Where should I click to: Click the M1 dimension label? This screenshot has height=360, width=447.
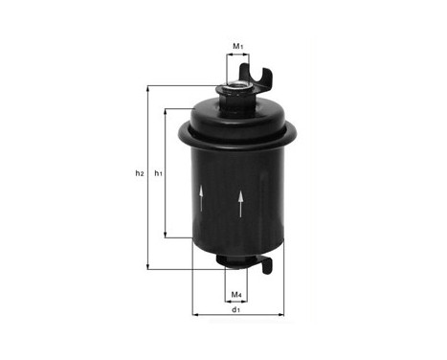238,45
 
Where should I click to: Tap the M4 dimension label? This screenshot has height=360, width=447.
235,294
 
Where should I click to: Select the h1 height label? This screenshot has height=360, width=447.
159,173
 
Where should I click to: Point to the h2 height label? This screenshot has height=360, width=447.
139,173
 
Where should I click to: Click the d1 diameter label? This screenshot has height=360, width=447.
235,309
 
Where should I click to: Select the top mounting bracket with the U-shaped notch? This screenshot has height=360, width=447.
260,73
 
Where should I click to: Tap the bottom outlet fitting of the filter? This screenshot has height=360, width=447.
235,260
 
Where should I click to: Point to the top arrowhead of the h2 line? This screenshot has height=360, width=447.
147,89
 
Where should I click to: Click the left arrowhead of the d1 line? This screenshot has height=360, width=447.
195,314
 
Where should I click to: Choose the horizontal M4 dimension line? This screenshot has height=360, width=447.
235,283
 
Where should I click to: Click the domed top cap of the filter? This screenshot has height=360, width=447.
234,115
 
